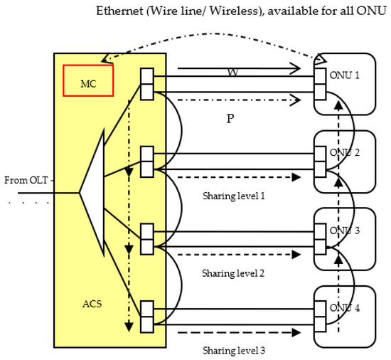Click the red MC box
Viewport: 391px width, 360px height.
pyautogui.click(x=88, y=80)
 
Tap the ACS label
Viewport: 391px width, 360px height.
pyautogui.click(x=92, y=304)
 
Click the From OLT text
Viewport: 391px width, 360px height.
pyautogui.click(x=26, y=180)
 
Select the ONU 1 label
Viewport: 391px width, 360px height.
pyautogui.click(x=345, y=75)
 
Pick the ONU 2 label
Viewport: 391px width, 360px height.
pyautogui.click(x=345, y=152)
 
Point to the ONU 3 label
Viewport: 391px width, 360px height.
pyautogui.click(x=345, y=231)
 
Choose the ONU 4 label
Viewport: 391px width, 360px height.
pyautogui.click(x=345, y=308)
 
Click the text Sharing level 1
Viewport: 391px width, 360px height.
pyautogui.click(x=234, y=196)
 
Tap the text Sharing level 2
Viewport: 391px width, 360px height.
pyautogui.click(x=233, y=273)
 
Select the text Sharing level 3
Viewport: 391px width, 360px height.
pyautogui.click(x=234, y=351)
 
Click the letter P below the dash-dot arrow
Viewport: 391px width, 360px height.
pyautogui.click(x=230, y=118)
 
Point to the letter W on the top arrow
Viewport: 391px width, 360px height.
pyautogui.click(x=233, y=73)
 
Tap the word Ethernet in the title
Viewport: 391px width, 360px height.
pyautogui.click(x=119, y=11)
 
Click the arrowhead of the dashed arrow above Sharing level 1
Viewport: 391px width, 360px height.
pyautogui.click(x=296, y=177)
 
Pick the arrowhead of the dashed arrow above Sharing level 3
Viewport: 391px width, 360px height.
pyautogui.click(x=296, y=332)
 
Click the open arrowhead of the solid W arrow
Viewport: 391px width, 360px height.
pyautogui.click(x=296, y=68)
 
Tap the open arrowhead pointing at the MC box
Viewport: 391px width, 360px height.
pyautogui.click(x=107, y=58)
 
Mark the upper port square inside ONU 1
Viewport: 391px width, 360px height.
pyautogui.click(x=320, y=76)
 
